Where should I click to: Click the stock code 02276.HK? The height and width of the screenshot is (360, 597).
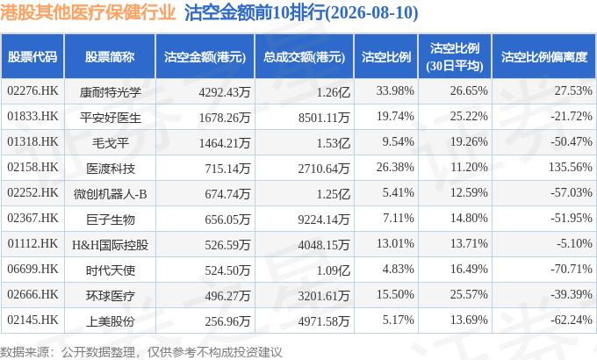point(32,90)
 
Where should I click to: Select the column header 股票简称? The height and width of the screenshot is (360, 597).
point(110,57)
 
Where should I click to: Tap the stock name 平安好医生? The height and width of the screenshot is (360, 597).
point(111,118)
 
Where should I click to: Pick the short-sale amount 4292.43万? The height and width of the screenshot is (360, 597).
point(225,92)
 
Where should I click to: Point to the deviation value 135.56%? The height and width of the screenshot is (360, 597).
point(571,167)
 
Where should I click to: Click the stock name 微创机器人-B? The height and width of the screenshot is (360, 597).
point(111,194)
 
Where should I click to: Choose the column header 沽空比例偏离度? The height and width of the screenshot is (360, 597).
point(544,57)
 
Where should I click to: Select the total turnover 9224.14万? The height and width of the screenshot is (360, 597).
point(324,220)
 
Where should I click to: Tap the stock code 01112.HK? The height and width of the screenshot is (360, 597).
point(32,243)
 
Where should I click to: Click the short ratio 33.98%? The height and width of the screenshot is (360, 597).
point(395,90)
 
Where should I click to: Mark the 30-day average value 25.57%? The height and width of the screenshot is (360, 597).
point(469,294)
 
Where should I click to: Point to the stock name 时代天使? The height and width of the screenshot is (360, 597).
point(111,270)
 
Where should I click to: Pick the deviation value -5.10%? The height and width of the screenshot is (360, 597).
point(574,243)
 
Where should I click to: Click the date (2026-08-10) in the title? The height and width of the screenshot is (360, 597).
point(372,12)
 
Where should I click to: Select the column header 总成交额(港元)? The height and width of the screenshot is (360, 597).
point(305,57)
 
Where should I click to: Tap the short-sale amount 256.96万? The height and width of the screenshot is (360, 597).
point(227,321)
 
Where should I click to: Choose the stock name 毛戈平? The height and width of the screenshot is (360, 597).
point(111,143)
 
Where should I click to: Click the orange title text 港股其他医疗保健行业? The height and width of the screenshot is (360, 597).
point(88,12)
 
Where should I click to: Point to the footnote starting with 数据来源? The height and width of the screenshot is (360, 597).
point(140,352)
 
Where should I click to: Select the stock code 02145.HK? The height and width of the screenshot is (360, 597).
point(32,320)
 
